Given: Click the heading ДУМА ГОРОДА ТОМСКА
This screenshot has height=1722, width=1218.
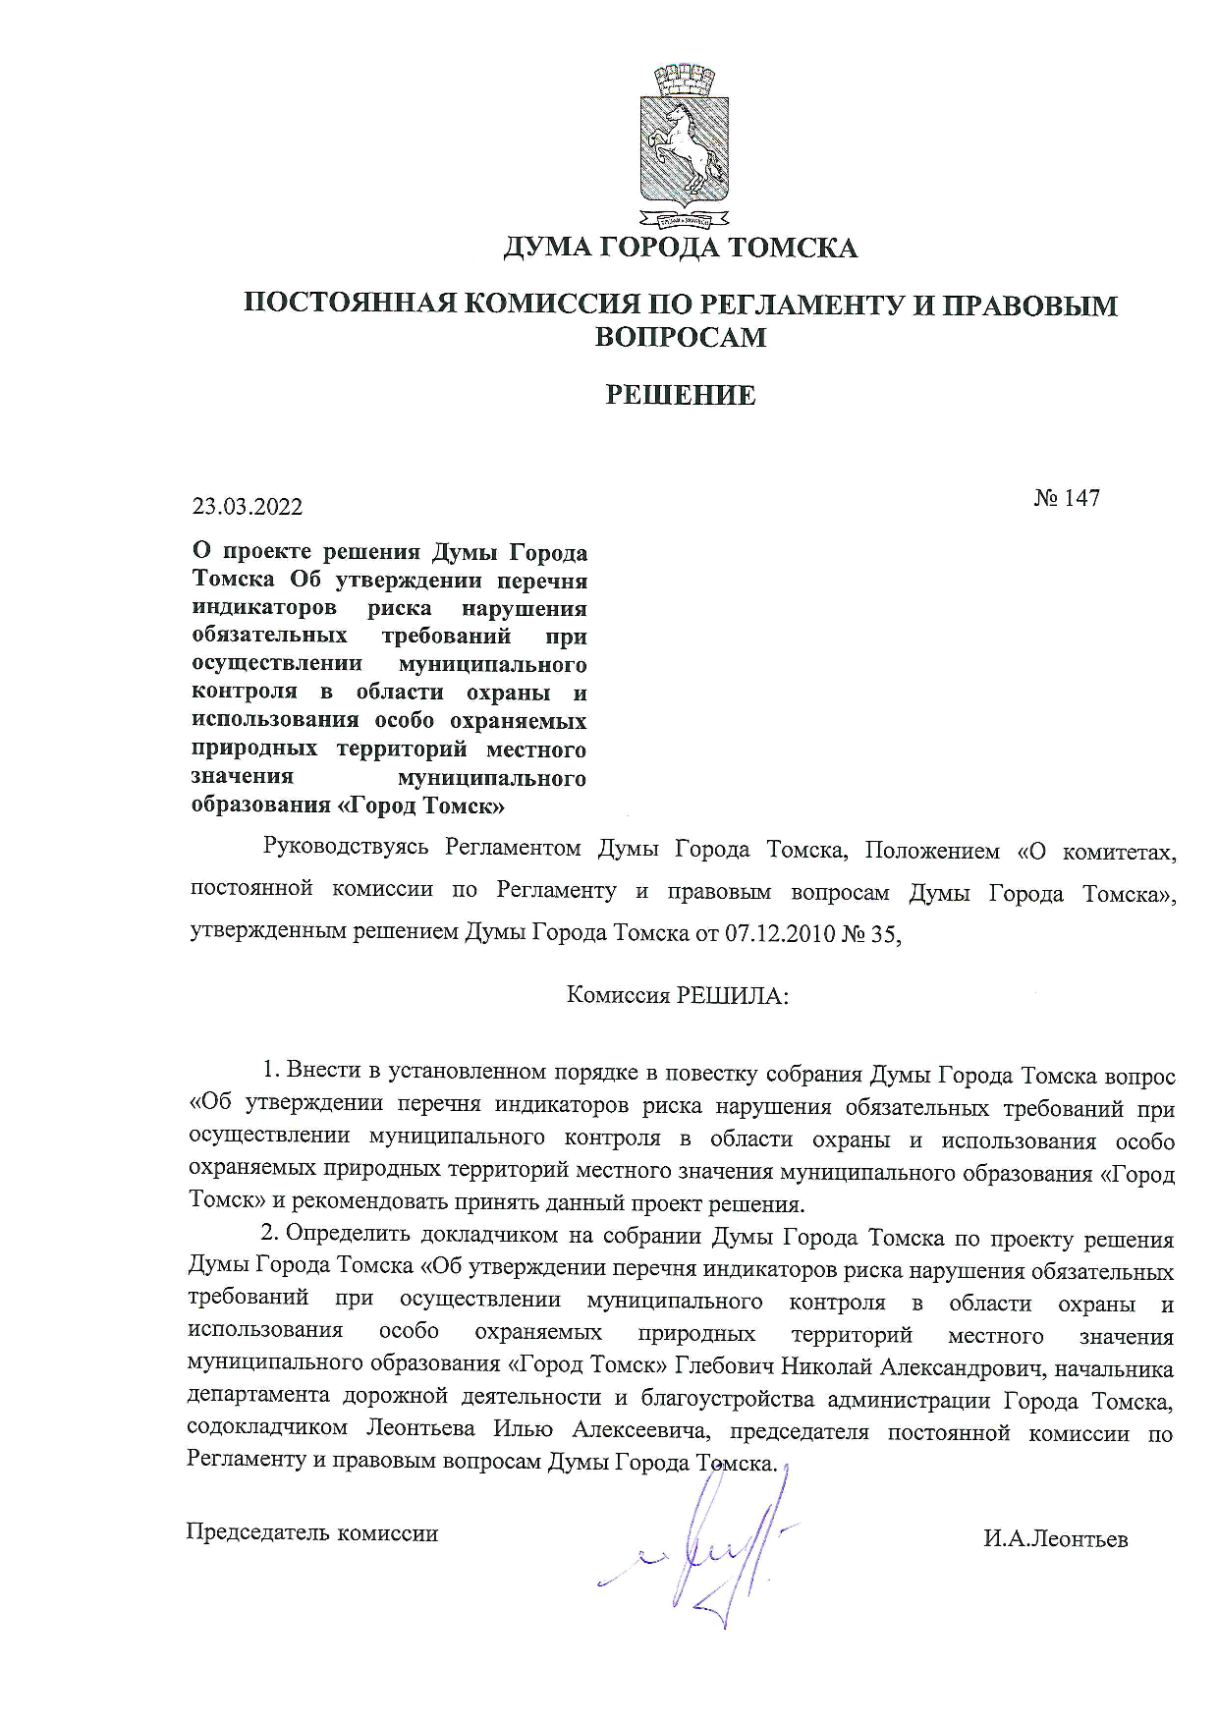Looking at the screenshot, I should coord(681,248).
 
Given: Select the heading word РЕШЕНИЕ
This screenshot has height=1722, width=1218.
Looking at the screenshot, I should coord(681,396).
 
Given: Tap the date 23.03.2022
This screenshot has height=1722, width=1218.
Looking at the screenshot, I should coord(248,507).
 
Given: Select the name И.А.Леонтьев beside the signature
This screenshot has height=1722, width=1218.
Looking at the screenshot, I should coord(1056,1539).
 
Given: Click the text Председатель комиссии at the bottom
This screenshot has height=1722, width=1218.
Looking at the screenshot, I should coord(312,1532).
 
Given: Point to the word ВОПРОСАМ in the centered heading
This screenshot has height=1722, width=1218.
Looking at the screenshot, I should coord(681,337).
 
